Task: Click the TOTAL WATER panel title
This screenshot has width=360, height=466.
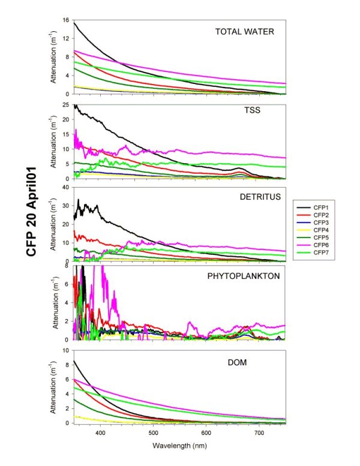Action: (244, 31)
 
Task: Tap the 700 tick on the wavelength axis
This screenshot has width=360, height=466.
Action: (259, 433)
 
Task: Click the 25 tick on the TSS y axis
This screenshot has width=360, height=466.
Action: (66, 105)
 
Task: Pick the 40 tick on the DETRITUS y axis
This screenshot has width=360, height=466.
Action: (66, 187)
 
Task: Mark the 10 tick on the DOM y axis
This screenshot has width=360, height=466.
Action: (66, 350)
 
